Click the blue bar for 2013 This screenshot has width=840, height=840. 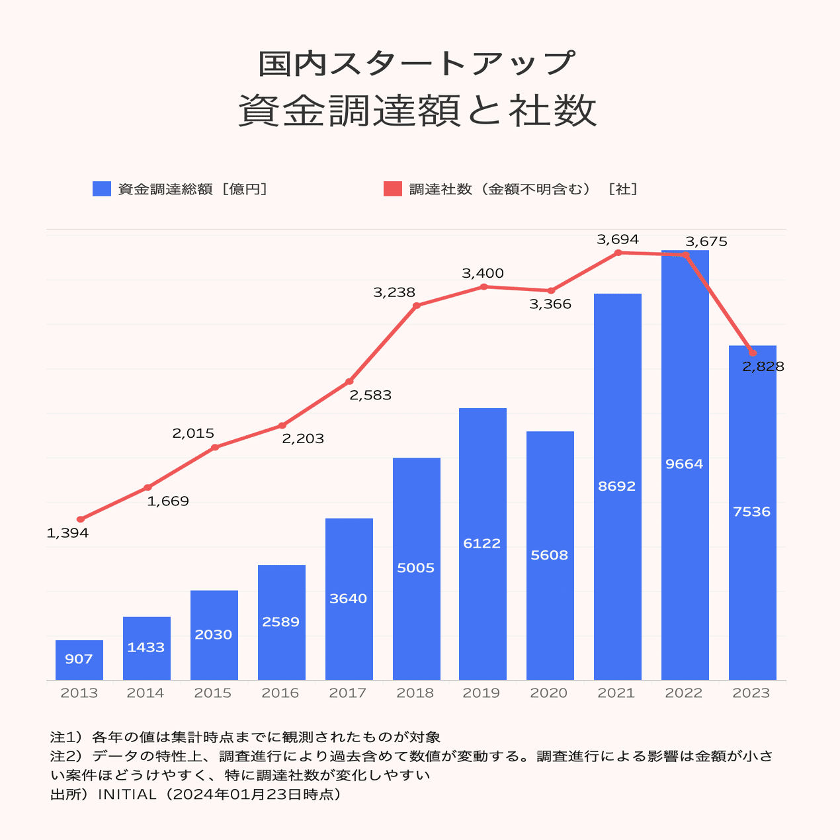(79, 660)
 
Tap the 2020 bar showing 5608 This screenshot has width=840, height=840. (550, 556)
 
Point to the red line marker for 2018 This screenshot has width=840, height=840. (416, 306)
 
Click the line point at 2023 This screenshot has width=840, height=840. (752, 353)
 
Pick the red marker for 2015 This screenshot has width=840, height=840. (215, 448)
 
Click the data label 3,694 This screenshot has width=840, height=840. (618, 239)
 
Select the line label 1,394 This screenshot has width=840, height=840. (67, 533)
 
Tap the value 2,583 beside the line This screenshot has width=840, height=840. (370, 396)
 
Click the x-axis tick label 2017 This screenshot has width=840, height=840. (348, 693)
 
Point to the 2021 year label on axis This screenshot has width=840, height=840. (616, 693)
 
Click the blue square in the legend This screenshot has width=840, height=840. (101, 189)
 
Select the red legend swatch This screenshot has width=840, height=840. (393, 189)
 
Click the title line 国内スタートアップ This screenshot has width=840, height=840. (417, 63)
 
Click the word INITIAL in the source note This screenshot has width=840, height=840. (127, 794)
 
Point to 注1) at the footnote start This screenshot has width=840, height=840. (67, 737)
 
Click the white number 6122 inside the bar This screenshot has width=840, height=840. (482, 544)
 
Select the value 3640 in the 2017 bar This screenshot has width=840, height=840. (349, 599)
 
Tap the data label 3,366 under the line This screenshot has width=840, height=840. (550, 304)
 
